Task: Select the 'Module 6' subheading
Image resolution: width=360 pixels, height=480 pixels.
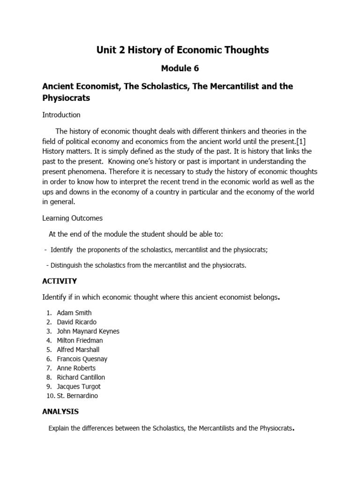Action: pos(180,68)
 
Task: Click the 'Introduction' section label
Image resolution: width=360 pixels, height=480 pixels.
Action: pos(61,115)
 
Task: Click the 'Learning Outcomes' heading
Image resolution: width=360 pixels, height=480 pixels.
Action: pos(72,218)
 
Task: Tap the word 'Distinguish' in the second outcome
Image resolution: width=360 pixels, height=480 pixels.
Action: pos(67,265)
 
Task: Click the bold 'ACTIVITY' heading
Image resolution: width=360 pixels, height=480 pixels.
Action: pos(60,281)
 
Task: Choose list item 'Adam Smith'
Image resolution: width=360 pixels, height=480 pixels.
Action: pos(74,313)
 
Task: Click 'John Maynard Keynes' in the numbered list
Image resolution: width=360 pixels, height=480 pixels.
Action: pos(88,331)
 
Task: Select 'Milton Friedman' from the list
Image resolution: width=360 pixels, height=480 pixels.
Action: pos(80,340)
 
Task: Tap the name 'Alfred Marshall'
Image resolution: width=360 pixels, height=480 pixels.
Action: pos(78,350)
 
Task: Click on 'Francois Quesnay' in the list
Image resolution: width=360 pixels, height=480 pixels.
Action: pos(82,359)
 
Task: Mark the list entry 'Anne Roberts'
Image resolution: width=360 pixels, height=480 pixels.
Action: pos(76,368)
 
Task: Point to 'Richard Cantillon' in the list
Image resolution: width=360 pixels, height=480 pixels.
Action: pos(81,377)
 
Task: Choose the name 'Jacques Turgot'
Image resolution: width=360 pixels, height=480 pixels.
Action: pos(79,387)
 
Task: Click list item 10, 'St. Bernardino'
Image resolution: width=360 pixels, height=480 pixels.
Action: pos(77,396)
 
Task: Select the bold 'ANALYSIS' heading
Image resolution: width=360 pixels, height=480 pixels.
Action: pos(60,412)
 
